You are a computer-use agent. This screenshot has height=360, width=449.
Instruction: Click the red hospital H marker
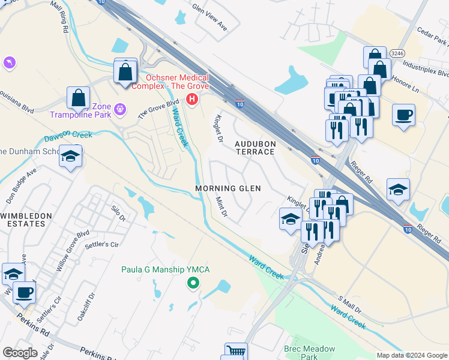click(192, 99)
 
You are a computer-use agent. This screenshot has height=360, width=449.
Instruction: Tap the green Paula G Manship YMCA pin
click(193, 283)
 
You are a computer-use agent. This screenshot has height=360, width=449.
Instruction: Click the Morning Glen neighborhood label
click(228, 188)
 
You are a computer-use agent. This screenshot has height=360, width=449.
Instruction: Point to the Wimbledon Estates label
click(23, 219)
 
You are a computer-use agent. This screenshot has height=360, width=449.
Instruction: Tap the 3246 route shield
click(397, 53)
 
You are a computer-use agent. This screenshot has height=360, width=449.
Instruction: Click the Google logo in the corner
click(20, 353)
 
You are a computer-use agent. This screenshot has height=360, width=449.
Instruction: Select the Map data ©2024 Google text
click(411, 355)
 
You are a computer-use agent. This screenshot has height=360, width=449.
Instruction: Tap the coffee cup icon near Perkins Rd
click(25, 293)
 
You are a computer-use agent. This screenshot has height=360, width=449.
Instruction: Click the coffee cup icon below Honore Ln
click(404, 114)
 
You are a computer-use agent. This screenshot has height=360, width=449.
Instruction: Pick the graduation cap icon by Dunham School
click(71, 157)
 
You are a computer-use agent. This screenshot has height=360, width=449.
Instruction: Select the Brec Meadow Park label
click(300, 352)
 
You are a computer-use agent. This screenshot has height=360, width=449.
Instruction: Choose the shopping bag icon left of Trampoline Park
click(79, 98)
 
